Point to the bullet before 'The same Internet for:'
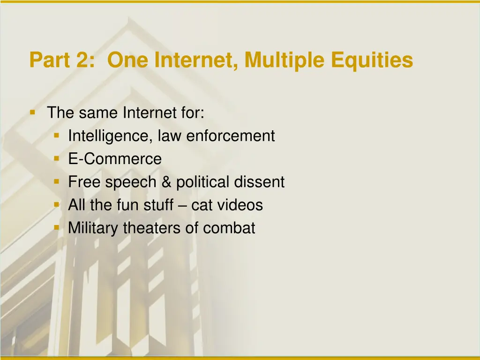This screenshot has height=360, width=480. tap(32, 112)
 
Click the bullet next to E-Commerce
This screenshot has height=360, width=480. tap(56, 158)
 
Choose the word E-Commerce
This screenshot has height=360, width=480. tap(115, 159)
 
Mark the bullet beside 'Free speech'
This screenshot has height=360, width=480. tap(56, 181)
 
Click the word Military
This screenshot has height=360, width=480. tap(93, 228)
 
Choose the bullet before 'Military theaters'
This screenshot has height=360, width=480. tap(56, 227)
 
